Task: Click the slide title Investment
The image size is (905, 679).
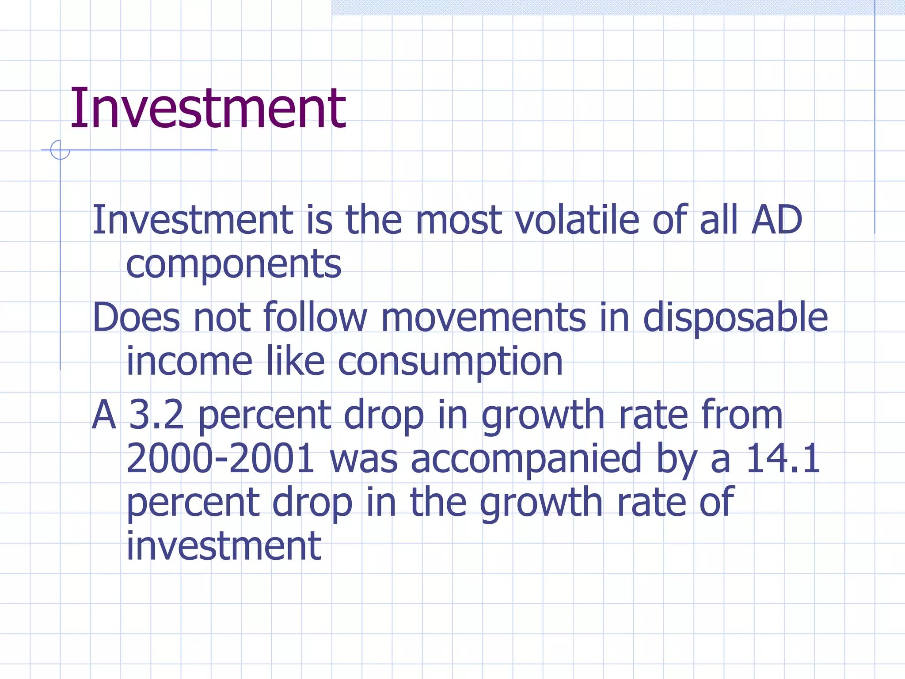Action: (x=208, y=109)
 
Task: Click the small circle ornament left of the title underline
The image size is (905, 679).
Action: (x=60, y=150)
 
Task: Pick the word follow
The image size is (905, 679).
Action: (x=315, y=317)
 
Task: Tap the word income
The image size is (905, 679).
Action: (x=190, y=362)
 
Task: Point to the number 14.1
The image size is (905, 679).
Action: (x=783, y=459)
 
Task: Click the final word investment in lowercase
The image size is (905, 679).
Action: (x=224, y=546)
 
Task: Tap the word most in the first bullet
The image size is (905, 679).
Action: (x=458, y=221)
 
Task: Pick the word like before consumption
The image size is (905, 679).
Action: (x=295, y=362)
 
